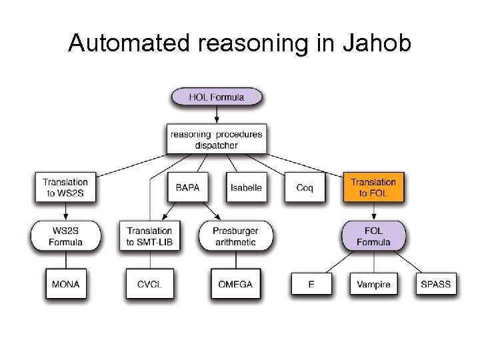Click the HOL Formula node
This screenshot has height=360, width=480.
tap(217, 97)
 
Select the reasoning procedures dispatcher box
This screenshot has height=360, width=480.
tap(217, 139)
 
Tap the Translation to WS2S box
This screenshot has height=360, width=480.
tap(65, 187)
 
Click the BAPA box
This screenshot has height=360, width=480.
tap(187, 187)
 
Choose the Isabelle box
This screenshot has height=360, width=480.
tap(246, 187)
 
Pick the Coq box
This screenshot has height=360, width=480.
tap(305, 187)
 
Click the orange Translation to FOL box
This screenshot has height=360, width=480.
tap(373, 187)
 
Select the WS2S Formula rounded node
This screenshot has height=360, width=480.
tap(65, 236)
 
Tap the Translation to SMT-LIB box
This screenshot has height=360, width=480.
tap(149, 236)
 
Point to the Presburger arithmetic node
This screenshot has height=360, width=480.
tap(235, 236)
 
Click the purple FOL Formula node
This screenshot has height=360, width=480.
tap(373, 236)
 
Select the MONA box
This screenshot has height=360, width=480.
tap(65, 284)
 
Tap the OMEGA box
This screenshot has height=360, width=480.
tap(235, 284)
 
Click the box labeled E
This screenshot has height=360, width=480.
tap(311, 284)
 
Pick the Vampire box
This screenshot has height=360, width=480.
tap(373, 284)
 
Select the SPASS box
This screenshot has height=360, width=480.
tap(435, 284)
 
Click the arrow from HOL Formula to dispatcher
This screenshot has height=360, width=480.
tap(217, 115)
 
